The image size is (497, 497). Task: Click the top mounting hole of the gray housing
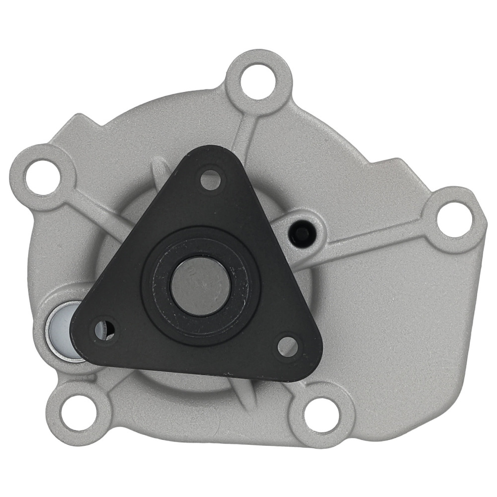tap(258, 81)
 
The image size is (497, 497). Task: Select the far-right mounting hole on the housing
tap(454, 219)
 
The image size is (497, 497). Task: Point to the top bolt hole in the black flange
tap(210, 179)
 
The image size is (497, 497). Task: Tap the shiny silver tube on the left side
tap(60, 331)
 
